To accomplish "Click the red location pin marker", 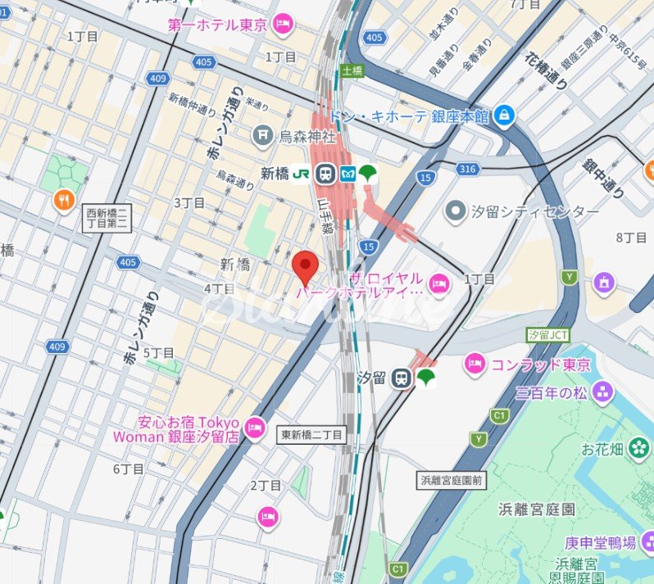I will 305,266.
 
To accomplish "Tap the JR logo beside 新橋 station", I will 302,174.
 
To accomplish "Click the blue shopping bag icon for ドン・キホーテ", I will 505,116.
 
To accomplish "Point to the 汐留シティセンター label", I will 534,212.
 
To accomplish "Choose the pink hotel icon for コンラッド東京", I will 475,364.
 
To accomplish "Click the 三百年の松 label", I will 552,392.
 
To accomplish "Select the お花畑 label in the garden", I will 602,450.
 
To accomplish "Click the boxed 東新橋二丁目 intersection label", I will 312,435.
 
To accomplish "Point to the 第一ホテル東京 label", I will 218,25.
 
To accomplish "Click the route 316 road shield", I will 467,169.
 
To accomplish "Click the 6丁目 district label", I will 129,469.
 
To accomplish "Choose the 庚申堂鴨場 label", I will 600,542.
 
